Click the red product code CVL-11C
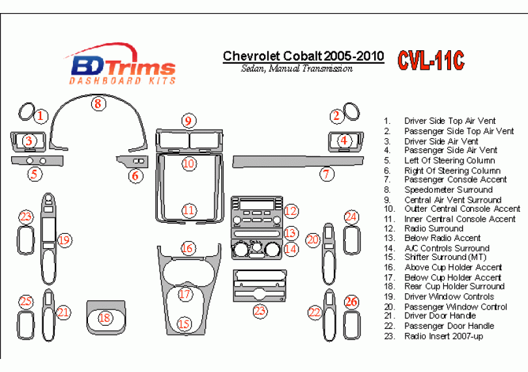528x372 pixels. coord(431,60)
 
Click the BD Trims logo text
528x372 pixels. coord(123,66)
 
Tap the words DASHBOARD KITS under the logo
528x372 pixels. coord(123,81)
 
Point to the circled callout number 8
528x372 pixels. coord(97,103)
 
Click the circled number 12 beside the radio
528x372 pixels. coord(291,210)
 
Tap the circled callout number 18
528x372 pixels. coord(105,318)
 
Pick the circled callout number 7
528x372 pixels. coord(326,174)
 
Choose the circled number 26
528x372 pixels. coord(351,302)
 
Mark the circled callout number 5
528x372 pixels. coord(35,174)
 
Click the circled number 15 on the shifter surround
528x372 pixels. coord(185,323)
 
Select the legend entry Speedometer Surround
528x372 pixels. coord(448,190)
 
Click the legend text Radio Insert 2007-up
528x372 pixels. coord(444,336)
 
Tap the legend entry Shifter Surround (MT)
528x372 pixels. coord(445,257)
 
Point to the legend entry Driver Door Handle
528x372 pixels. coord(440,316)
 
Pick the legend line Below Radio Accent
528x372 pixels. coord(442,238)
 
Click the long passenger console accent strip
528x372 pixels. coord(274,160)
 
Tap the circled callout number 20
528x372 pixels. coord(312,240)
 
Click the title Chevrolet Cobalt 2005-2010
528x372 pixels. coord(303,56)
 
